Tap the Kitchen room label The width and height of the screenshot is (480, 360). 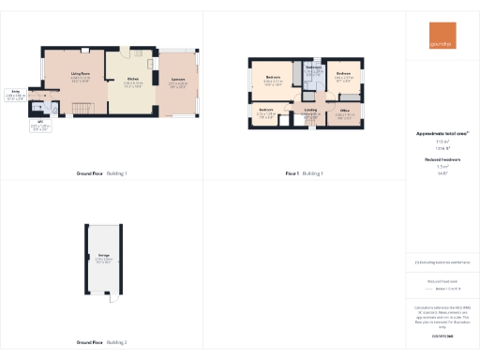click(x=132, y=82)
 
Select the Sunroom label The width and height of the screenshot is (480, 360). click(x=177, y=82)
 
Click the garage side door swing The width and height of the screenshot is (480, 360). click(x=112, y=298)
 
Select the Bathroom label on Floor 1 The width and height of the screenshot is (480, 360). click(x=314, y=69)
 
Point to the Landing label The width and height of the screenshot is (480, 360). click(x=310, y=112)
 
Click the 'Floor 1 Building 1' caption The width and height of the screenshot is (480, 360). click(x=304, y=173)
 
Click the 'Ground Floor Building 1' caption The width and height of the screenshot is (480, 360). click(x=101, y=173)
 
